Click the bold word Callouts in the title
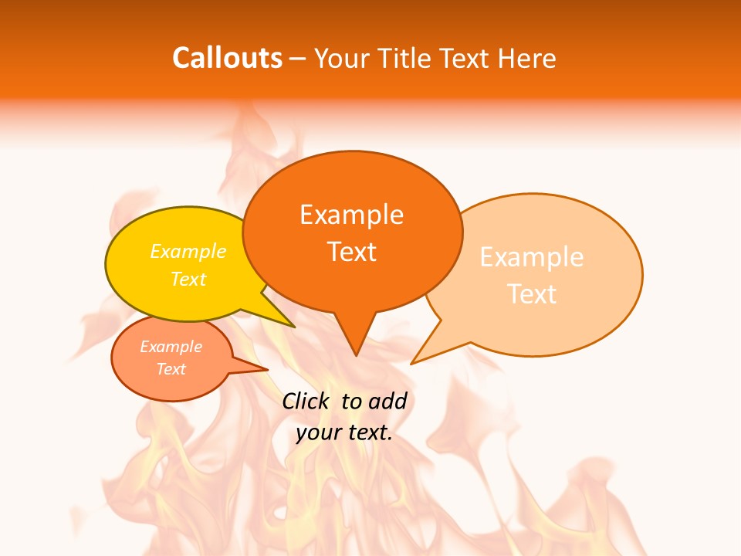pos(227,58)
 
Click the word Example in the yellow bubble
pos(188,251)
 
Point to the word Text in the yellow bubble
pos(188,279)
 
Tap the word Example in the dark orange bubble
pos(351,214)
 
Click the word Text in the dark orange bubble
pos(351,252)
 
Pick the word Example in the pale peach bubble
pos(532,256)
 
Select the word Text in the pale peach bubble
pos(532,293)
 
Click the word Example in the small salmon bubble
pos(171,347)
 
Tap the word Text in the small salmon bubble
pos(171,369)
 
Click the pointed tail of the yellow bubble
pos(292,325)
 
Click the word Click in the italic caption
pos(307,401)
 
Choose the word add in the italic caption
pos(387,401)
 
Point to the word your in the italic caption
pos(318,432)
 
